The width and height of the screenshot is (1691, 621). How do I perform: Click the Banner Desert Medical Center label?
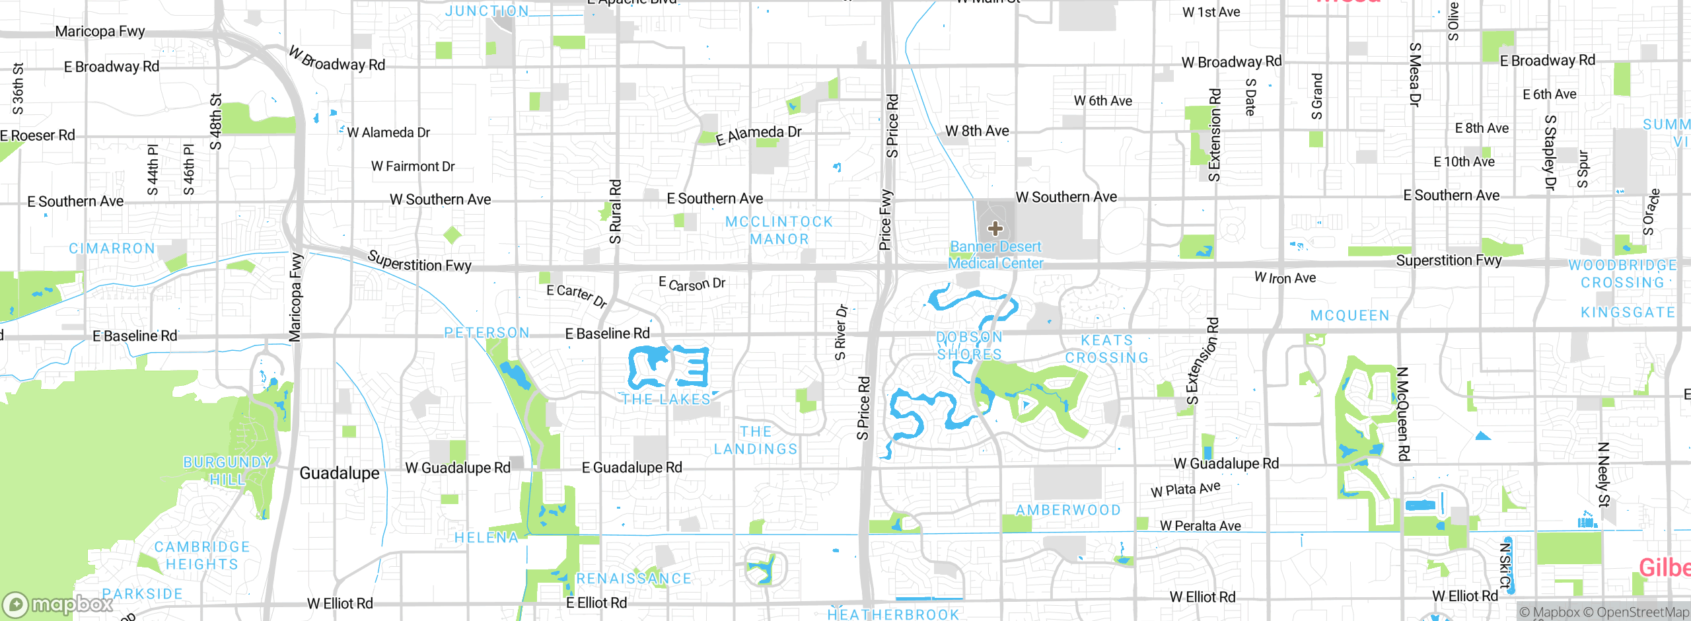pos(995,255)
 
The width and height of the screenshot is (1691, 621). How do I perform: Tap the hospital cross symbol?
pos(995,229)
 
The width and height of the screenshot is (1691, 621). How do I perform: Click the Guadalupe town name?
pos(340,473)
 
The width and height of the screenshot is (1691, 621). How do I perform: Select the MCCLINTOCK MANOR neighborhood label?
pos(779,231)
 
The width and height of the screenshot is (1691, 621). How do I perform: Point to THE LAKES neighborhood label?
pos(666,399)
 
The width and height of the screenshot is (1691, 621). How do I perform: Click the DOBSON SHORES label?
pos(970,346)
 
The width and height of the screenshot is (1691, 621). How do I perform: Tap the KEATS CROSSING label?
pos(1107,349)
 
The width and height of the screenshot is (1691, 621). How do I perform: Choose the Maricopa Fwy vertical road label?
pos(295,297)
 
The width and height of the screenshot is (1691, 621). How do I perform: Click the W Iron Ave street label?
pos(1285,278)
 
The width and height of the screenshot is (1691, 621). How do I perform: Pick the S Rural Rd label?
pos(615,211)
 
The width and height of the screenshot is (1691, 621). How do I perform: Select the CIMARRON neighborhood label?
pos(112,248)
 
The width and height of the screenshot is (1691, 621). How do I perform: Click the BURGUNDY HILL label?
pos(227,470)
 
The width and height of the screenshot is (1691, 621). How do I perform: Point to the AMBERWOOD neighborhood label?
pos(1068,510)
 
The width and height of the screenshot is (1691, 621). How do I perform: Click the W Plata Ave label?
pos(1185,490)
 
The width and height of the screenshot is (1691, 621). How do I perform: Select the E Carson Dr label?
pos(692,283)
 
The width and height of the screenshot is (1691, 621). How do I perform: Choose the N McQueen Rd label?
pos(1402,414)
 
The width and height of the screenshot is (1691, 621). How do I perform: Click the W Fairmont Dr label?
pos(413,166)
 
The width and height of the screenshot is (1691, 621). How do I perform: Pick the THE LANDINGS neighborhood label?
pos(756,440)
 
